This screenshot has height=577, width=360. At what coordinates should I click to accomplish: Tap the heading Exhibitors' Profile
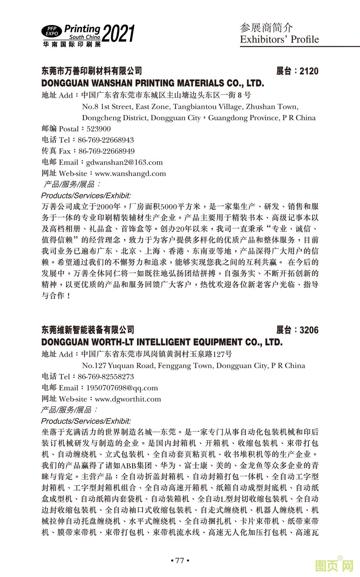[279, 39]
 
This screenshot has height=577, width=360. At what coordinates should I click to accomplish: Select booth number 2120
[309, 71]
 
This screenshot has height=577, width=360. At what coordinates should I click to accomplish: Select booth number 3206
[309, 330]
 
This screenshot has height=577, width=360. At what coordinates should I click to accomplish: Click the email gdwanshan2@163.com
[124, 162]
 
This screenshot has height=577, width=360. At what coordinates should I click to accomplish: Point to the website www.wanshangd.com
[130, 173]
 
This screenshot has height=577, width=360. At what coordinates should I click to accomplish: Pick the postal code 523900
[98, 129]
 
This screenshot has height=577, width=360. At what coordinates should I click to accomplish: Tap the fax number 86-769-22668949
[107, 151]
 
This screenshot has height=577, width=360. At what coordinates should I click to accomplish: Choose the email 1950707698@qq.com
[122, 388]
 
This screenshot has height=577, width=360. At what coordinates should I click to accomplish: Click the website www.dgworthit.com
[128, 399]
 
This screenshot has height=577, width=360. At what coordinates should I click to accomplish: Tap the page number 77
[180, 560]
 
